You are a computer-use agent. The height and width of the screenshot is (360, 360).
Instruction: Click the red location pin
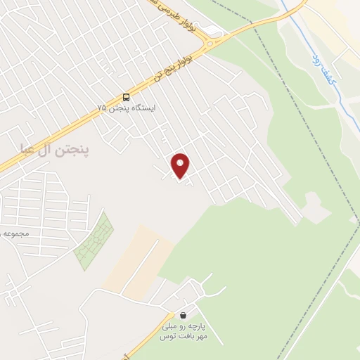coord(181,165)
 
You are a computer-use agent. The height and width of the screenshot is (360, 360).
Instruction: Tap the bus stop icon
coord(126,97)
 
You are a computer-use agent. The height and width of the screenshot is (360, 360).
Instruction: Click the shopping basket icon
coord(184,316)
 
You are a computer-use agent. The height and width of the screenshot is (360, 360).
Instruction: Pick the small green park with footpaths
coord(94,240)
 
